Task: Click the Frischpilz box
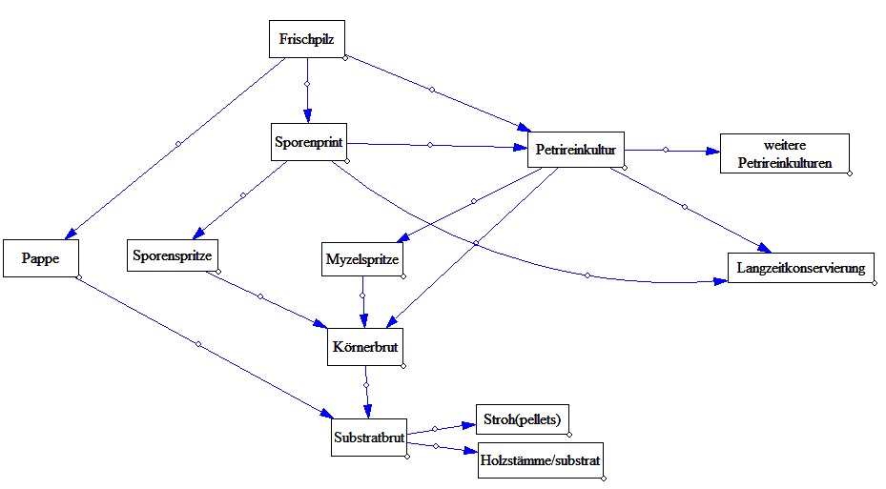coord(305,39)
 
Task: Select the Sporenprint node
coord(308,142)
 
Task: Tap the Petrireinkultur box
coord(575,150)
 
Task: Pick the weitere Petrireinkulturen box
coord(783,154)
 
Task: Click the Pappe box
coord(39,258)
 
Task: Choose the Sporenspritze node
coord(174,255)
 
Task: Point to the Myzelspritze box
coord(363,258)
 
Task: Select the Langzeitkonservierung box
coord(800,268)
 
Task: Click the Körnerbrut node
coord(363,348)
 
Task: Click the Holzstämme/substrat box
coord(540,460)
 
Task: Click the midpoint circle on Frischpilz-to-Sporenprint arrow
coord(307,84)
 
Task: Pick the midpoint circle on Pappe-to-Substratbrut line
coord(198,343)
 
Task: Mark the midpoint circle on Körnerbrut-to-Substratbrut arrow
coord(366,384)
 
